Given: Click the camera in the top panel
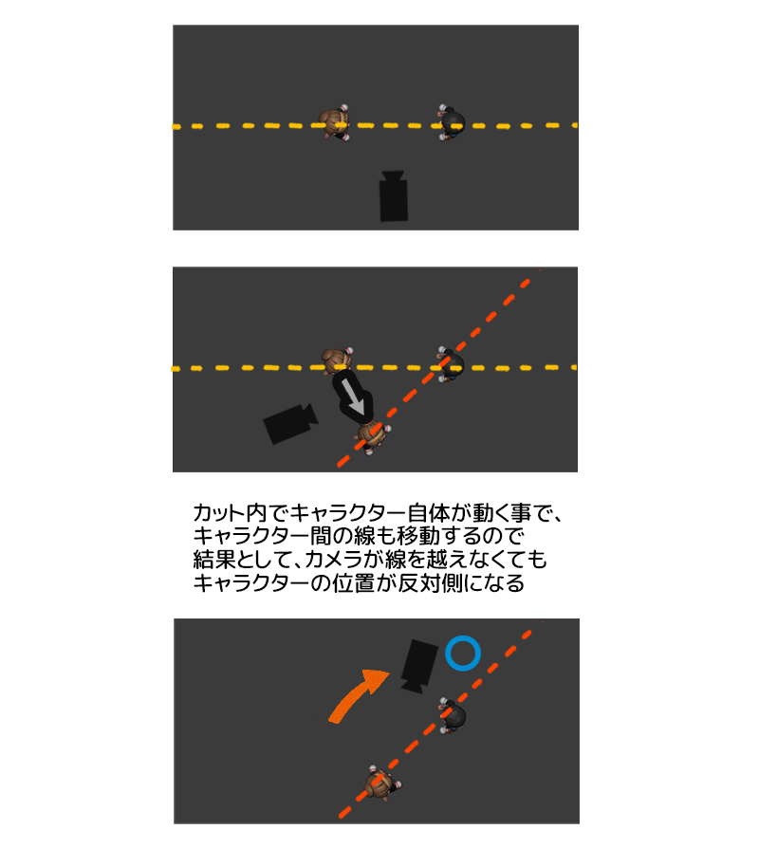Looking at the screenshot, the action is pyautogui.click(x=394, y=197).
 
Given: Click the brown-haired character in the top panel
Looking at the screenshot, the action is pyautogui.click(x=336, y=123).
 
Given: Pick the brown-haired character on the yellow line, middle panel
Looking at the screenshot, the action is pyautogui.click(x=336, y=362).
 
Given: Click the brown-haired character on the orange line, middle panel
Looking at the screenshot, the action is pyautogui.click(x=372, y=435).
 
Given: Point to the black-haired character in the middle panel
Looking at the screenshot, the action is pyautogui.click(x=452, y=363).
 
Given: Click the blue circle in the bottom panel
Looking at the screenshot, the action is pyautogui.click(x=463, y=653).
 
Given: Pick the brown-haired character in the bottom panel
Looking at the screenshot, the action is pyautogui.click(x=381, y=784).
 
